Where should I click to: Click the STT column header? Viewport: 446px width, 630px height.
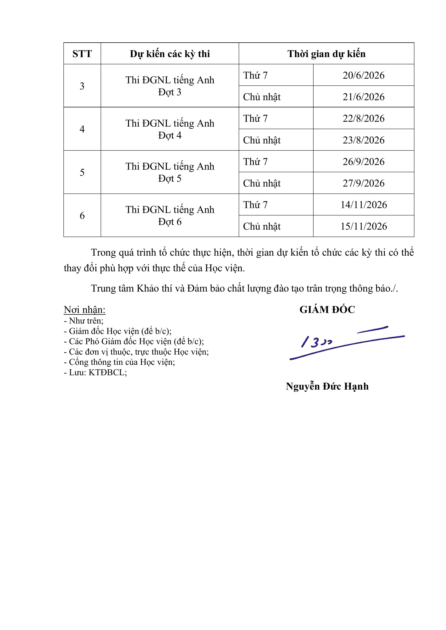(x=82, y=54)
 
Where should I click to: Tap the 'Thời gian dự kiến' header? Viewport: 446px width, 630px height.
(x=326, y=54)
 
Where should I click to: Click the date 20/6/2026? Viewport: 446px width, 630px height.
(x=363, y=75)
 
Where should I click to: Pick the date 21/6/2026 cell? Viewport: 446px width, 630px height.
(x=363, y=97)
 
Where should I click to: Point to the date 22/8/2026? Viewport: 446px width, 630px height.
(x=363, y=118)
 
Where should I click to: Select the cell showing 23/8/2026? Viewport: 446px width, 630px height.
(x=363, y=140)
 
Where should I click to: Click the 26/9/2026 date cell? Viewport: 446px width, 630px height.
(x=363, y=162)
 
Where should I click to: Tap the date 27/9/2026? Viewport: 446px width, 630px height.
(x=363, y=183)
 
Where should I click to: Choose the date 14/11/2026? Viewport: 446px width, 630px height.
(x=363, y=205)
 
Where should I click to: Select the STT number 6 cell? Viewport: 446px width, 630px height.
(x=82, y=215)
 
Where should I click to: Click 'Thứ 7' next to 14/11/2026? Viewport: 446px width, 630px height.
(x=255, y=205)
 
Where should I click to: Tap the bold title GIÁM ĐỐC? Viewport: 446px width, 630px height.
(x=327, y=310)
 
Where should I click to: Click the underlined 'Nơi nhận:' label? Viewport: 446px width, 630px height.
(x=84, y=310)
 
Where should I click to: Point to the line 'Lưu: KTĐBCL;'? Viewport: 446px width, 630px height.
(x=95, y=372)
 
